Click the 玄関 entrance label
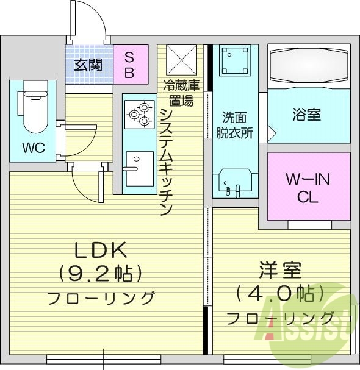(88, 65)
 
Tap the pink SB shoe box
(131, 64)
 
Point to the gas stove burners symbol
(139, 113)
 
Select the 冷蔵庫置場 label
(179, 92)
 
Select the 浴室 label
(306, 114)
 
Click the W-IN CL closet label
(308, 188)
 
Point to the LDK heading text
(100, 249)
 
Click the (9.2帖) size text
(100, 272)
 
